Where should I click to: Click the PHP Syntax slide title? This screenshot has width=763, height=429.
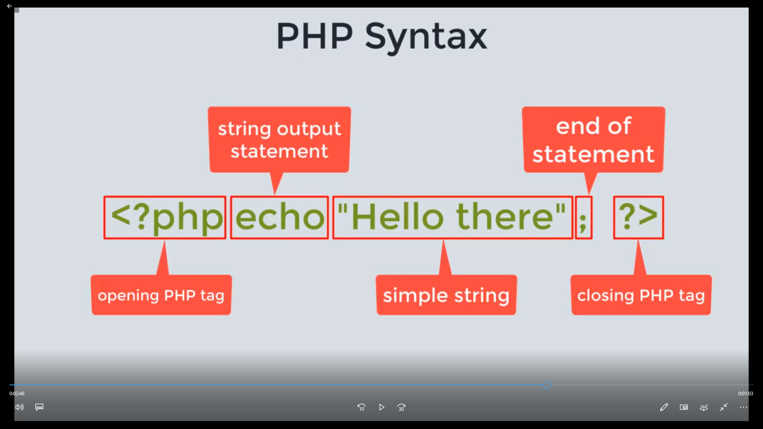(381, 37)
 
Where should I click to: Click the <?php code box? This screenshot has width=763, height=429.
(165, 217)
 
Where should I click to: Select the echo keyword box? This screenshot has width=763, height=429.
(279, 217)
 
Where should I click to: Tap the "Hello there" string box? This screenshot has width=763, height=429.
(453, 217)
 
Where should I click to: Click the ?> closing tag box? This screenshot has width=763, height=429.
(638, 217)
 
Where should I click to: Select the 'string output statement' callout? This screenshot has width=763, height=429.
(279, 139)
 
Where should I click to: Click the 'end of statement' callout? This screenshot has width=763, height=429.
(593, 139)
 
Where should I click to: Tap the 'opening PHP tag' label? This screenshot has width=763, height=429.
(161, 295)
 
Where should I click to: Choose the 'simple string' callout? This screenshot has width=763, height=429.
(446, 295)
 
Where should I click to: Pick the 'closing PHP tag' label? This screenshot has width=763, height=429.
(641, 295)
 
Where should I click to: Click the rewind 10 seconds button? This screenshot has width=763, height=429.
(361, 408)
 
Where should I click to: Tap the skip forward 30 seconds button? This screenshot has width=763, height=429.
(401, 408)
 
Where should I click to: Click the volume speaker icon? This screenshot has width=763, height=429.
(19, 407)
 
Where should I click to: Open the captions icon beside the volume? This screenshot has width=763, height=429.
(39, 407)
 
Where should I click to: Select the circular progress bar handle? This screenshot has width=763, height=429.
(547, 385)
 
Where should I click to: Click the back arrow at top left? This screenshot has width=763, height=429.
(10, 6)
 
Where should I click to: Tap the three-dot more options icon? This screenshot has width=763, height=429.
(744, 407)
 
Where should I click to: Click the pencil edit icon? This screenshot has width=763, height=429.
(664, 407)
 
